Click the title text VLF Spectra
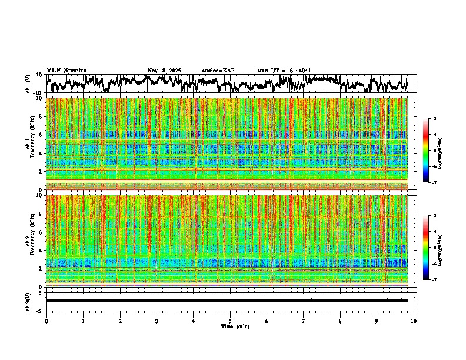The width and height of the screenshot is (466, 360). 66,71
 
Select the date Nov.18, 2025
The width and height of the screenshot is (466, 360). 164,71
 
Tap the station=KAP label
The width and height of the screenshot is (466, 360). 218,71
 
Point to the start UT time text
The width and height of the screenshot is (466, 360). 284,71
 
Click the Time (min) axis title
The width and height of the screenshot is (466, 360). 235,326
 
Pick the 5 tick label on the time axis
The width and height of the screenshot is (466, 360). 230,321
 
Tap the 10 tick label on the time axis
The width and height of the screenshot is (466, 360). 414,321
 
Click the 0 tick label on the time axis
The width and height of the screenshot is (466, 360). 46,321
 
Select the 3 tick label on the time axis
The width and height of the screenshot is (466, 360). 157,321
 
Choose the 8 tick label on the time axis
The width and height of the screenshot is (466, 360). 340,321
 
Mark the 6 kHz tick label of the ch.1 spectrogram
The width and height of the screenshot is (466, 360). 41,135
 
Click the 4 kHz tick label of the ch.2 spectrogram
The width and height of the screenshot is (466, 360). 41,250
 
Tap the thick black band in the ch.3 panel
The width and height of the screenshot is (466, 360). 227,301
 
